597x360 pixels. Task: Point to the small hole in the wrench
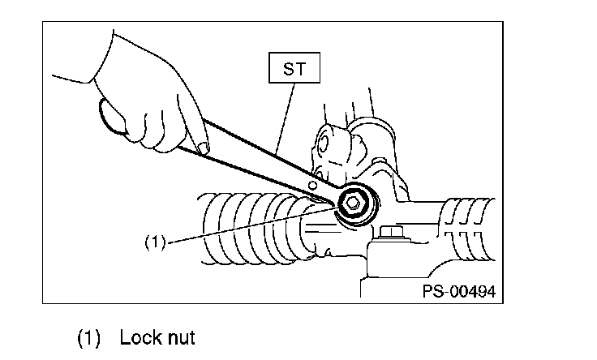(313, 186)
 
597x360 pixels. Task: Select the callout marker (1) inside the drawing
(155, 242)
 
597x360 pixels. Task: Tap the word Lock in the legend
(135, 337)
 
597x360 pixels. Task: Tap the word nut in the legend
(178, 337)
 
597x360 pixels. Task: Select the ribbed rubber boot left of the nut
(243, 231)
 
